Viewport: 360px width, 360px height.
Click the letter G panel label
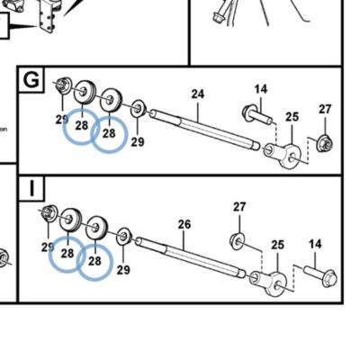(31, 79)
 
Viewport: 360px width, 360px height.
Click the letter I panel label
(32, 188)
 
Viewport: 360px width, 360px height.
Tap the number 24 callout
(198, 94)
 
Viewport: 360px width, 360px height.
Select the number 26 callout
(184, 224)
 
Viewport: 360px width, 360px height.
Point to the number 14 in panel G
(261, 89)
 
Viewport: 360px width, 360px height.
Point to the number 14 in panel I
(315, 244)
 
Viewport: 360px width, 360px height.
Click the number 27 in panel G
(325, 109)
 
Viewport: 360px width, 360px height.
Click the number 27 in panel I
(239, 207)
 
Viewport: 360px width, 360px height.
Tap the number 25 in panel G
(292, 116)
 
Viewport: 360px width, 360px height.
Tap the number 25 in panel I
(277, 245)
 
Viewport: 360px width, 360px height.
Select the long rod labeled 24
(204, 130)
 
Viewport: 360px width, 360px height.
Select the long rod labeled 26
(191, 256)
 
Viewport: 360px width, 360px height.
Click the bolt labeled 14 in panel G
(257, 115)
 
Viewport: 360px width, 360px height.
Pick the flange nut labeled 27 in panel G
(325, 144)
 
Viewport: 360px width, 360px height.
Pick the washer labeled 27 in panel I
(237, 239)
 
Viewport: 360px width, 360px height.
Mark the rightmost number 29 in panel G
(138, 141)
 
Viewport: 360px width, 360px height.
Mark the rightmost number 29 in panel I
(123, 270)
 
